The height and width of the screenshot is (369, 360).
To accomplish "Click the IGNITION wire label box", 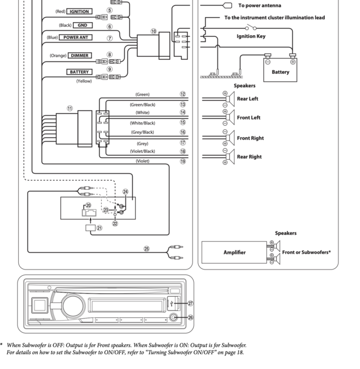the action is coord(79,11).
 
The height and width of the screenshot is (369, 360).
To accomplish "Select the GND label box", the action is coord(82,25).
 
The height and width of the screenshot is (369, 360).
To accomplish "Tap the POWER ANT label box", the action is coord(76,38).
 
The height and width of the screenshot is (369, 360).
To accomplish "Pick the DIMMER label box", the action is coord(79,56).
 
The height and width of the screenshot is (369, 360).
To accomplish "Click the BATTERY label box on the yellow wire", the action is coord(79,72).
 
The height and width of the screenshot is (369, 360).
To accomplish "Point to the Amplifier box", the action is coord(235,252).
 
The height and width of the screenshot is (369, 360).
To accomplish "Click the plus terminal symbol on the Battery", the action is coord(293,62).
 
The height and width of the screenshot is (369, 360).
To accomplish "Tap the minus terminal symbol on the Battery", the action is coord(267,62).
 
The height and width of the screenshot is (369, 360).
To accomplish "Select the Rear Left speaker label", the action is coord(248,99).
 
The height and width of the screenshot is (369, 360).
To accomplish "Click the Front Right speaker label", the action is coord(250,138).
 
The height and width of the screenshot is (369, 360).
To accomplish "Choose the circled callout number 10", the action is coord(153,31).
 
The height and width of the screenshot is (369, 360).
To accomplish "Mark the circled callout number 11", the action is coord(70,109).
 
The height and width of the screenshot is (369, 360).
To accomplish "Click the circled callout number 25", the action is coord(146,248).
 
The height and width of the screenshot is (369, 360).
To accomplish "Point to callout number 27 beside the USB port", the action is coord(190,304).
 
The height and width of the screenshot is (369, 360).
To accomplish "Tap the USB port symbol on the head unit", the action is coord(172,304).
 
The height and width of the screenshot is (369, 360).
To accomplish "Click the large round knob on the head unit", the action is coord(73,306).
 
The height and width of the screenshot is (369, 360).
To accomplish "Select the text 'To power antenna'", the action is coord(259,6).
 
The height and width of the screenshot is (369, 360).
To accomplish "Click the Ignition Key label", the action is coord(251,36).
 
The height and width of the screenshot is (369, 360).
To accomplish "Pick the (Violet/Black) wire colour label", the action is coord(143,151).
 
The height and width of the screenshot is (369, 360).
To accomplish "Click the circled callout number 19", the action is coord(183,161).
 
